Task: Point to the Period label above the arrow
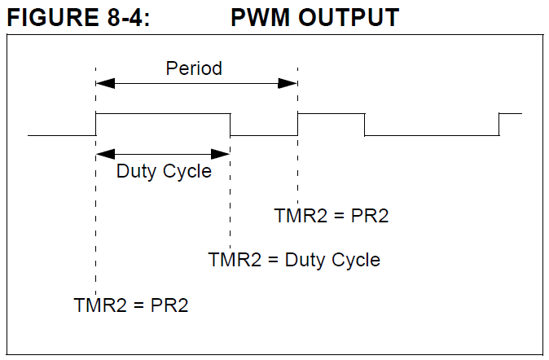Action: [194, 68]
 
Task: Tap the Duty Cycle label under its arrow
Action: [164, 172]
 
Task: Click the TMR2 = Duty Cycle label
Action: [294, 260]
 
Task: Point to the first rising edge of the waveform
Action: [96, 124]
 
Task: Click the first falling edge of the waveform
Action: [231, 124]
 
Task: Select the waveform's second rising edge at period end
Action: [298, 124]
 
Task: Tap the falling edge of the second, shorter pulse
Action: [364, 124]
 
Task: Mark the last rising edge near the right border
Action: [499, 124]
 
